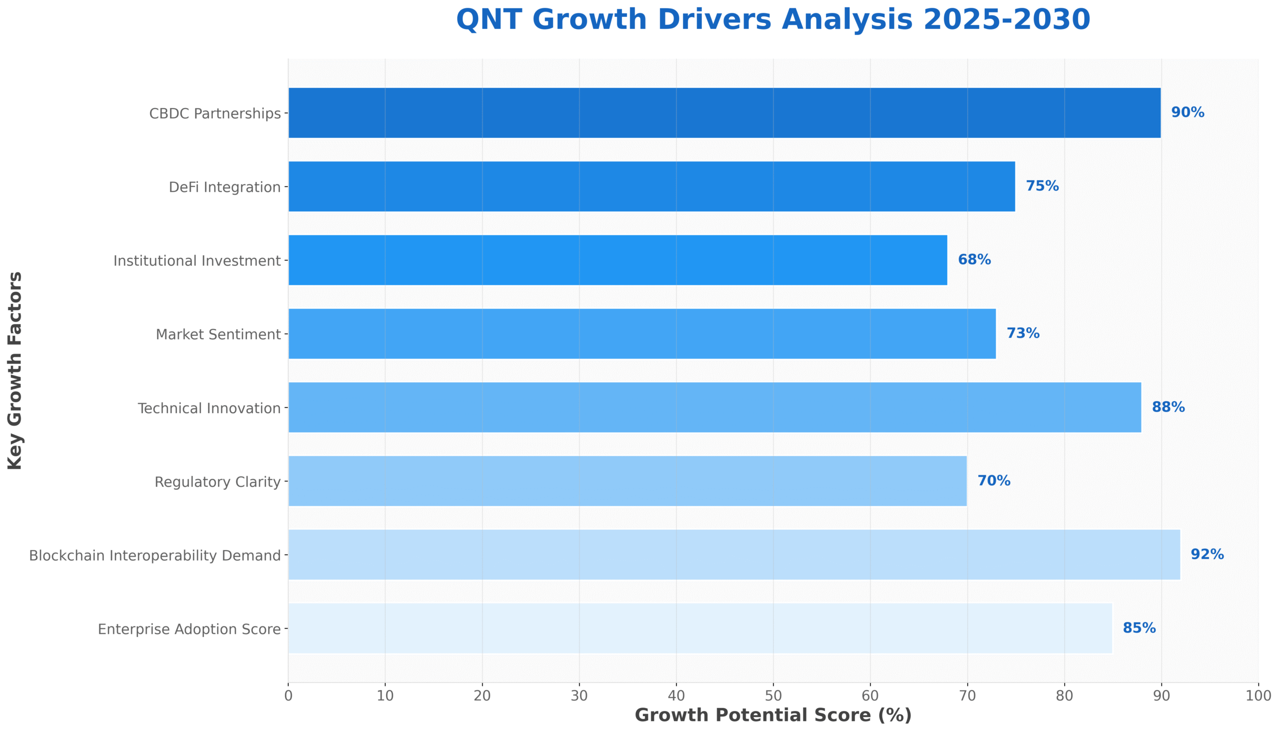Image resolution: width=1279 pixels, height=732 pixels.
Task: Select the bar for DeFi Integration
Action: pyautogui.click(x=651, y=186)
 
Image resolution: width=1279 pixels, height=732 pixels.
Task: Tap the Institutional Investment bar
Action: pyautogui.click(x=618, y=260)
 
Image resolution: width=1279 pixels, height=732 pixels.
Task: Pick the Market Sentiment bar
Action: pyautogui.click(x=642, y=334)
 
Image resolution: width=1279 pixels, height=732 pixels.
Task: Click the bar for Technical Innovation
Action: pyautogui.click(x=714, y=407)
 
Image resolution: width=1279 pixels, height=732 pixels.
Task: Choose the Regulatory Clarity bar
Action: pyautogui.click(x=627, y=481)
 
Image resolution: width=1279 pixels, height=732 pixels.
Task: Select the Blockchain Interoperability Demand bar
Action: pyautogui.click(x=734, y=555)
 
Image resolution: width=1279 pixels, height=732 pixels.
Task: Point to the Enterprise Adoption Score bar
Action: pyautogui.click(x=699, y=629)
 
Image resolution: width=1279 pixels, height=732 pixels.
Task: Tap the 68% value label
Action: pyautogui.click(x=974, y=260)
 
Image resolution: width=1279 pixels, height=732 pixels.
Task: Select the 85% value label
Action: pyautogui.click(x=1139, y=629)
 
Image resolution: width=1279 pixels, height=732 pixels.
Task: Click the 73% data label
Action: pyautogui.click(x=1023, y=333)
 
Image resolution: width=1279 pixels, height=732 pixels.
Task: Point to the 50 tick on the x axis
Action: pyautogui.click(x=773, y=697)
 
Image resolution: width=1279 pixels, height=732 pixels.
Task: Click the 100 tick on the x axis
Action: pyautogui.click(x=1259, y=697)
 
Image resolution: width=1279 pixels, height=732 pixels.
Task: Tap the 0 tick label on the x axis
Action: pyautogui.click(x=288, y=697)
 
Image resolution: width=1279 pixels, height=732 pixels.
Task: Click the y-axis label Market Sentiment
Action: pyautogui.click(x=218, y=334)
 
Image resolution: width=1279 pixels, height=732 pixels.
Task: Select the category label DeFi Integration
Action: pyautogui.click(x=225, y=187)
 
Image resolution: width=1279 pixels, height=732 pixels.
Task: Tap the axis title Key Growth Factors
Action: pyautogui.click(x=15, y=371)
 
